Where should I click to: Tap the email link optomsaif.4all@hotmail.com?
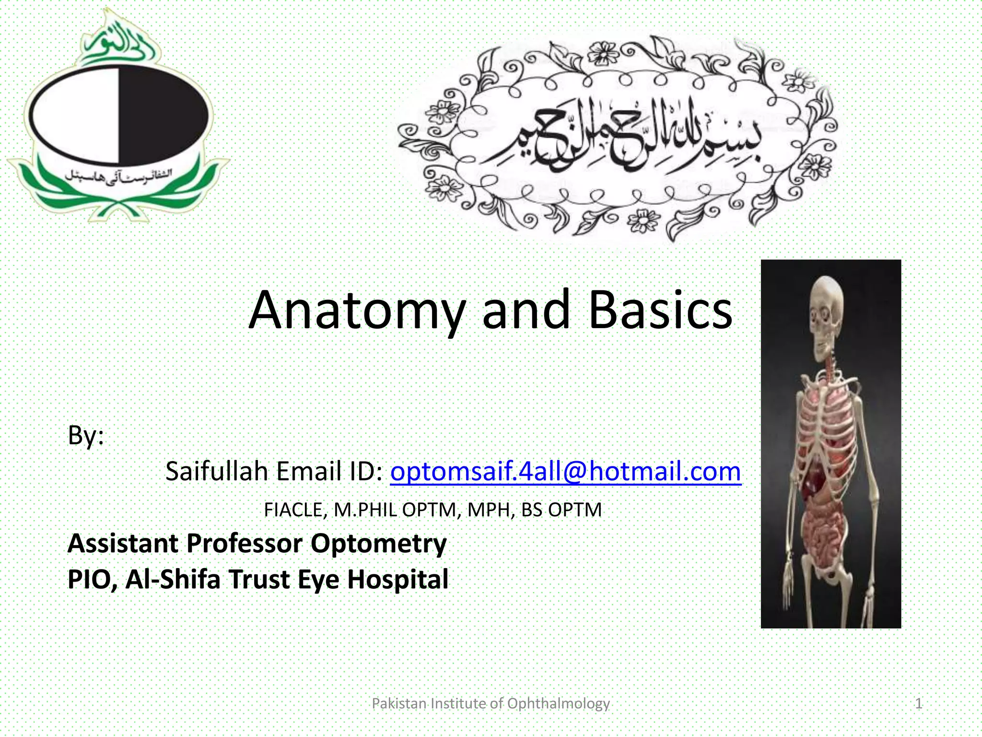(x=566, y=471)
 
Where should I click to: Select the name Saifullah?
(x=216, y=471)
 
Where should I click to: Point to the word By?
(x=86, y=435)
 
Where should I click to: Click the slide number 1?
(x=918, y=703)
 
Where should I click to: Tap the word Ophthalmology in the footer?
(x=558, y=703)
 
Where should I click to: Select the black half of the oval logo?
(x=163, y=115)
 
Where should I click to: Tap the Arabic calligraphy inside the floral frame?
(x=619, y=139)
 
